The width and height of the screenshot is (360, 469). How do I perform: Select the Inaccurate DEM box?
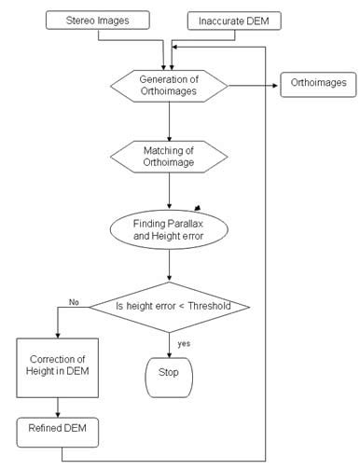(x=233, y=20)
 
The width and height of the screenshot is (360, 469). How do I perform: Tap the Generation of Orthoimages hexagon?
(x=169, y=85)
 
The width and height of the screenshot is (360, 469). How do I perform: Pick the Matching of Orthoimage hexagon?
(x=169, y=156)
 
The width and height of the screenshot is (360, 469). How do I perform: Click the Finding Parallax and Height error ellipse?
(x=169, y=228)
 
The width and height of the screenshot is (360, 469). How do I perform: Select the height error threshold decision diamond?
(x=169, y=305)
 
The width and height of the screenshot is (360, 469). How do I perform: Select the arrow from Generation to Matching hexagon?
(x=169, y=121)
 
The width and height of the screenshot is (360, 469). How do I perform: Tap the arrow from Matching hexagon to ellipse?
(x=169, y=191)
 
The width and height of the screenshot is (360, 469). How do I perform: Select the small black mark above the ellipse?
(x=197, y=207)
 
